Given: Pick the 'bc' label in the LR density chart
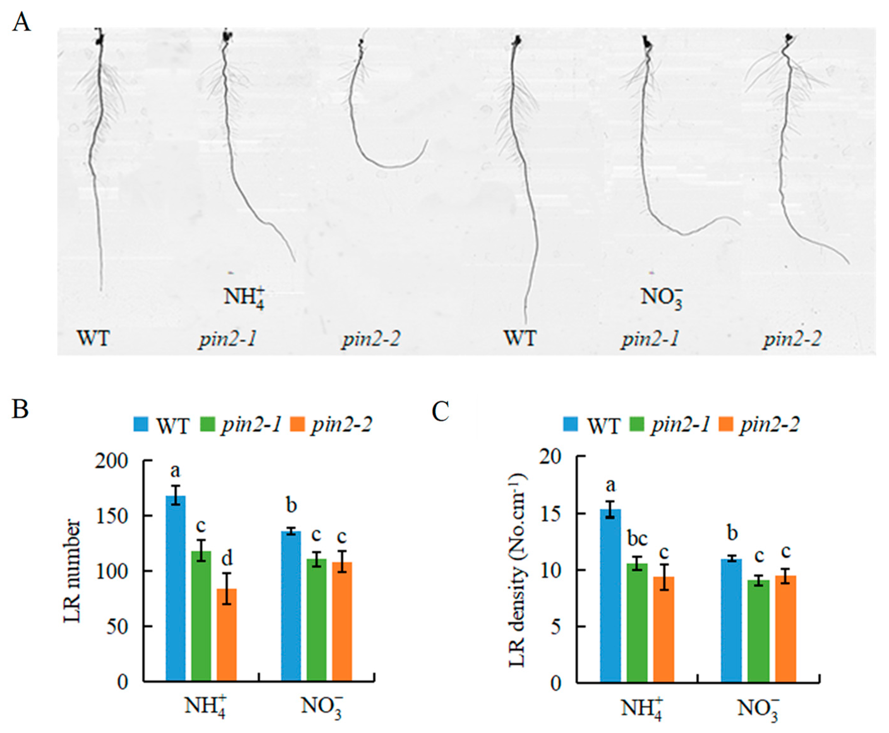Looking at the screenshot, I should coord(637,539).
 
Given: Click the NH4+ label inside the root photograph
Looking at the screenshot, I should coord(243,297).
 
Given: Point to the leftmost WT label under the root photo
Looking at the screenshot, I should coord(93,339).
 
